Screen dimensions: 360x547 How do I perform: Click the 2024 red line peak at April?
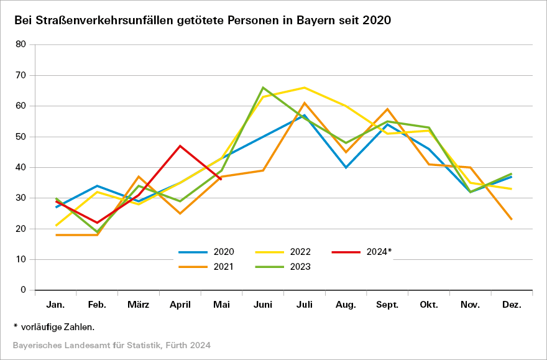(x=180, y=146)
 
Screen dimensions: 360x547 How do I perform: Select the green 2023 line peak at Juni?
(x=263, y=88)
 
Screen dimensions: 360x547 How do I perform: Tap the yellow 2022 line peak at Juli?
(x=304, y=88)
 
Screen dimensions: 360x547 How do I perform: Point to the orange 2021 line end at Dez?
(x=511, y=219)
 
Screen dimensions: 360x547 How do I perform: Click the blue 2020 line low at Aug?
(x=346, y=167)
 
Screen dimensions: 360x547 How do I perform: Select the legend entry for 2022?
(x=282, y=252)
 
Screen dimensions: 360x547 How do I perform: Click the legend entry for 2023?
(x=282, y=267)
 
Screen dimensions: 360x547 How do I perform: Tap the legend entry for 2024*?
(x=361, y=252)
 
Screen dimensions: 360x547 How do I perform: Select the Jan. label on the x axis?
(x=56, y=305)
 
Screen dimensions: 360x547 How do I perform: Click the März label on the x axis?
(x=139, y=305)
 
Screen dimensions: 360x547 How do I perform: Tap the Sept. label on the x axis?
(x=387, y=305)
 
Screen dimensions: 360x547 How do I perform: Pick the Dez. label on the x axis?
(x=511, y=305)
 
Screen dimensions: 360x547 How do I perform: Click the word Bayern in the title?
(x=304, y=21)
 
